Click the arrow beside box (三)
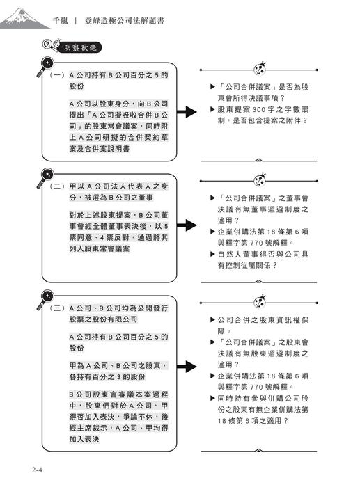186,367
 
